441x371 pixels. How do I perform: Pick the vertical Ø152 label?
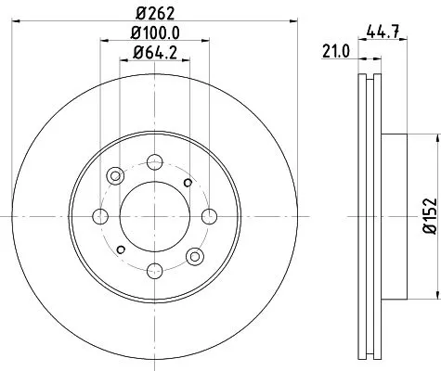428,214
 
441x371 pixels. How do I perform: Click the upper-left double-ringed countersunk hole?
115,174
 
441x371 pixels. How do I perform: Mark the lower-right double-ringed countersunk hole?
194,255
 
